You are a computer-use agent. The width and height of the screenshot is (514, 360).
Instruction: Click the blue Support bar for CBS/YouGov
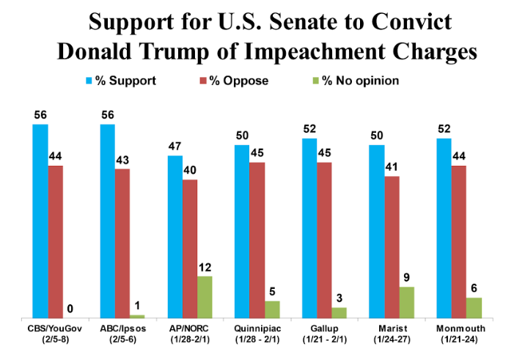(40, 221)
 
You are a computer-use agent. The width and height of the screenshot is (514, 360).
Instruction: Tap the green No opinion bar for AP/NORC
(205, 297)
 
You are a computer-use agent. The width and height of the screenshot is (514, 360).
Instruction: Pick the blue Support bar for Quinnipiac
(241, 231)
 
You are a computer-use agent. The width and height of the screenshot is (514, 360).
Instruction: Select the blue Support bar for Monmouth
(443, 228)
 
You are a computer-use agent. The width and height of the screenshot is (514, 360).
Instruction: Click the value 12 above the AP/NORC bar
(205, 268)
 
